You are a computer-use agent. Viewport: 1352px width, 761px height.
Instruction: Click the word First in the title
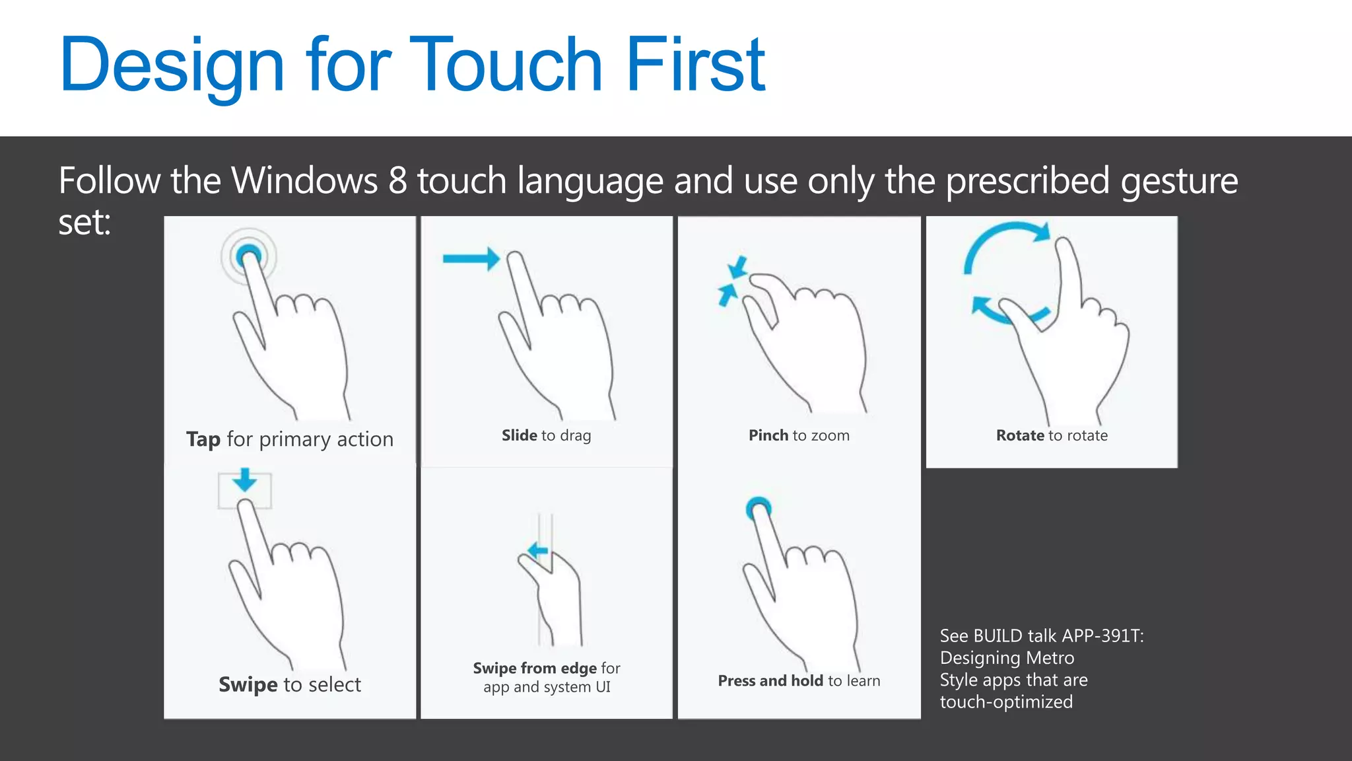(x=695, y=64)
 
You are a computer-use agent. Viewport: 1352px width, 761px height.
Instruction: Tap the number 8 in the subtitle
(x=397, y=180)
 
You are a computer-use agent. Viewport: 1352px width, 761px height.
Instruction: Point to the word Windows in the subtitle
(x=304, y=180)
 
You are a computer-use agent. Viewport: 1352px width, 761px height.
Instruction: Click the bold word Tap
(x=203, y=440)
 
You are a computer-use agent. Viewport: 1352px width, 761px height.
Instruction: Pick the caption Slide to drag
(x=546, y=435)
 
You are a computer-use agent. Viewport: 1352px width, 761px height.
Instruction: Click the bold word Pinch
(x=768, y=435)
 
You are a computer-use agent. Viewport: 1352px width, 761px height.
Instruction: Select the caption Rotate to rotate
(x=1052, y=435)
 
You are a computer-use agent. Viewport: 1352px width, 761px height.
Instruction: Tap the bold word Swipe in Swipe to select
(x=248, y=685)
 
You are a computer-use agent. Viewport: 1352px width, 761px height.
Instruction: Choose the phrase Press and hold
(x=770, y=681)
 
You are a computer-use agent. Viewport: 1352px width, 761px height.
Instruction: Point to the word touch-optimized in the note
(x=1006, y=702)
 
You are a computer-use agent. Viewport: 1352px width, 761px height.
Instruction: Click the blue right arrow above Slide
(x=471, y=258)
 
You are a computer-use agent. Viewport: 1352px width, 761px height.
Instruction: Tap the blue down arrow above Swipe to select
(x=245, y=480)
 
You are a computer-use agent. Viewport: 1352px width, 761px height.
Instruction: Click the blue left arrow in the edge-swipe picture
(x=538, y=550)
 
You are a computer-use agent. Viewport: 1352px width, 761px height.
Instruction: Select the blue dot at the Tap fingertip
(x=248, y=254)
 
